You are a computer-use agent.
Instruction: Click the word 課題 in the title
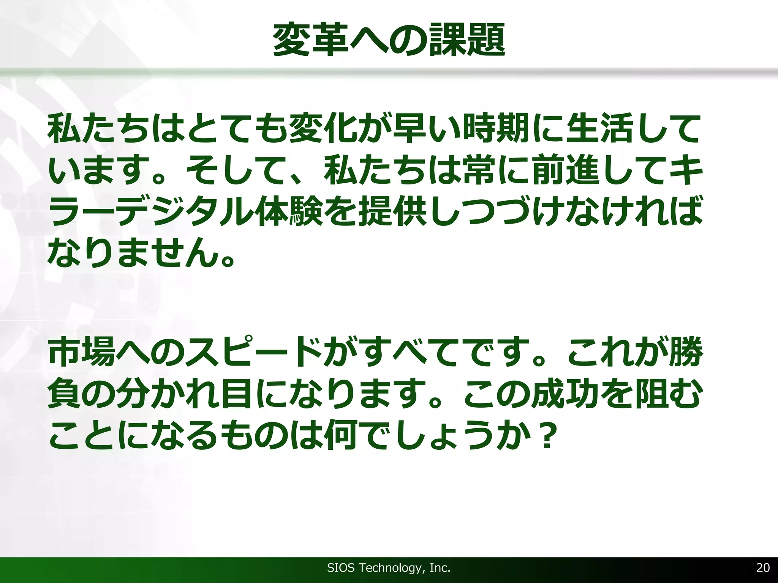[x=467, y=40]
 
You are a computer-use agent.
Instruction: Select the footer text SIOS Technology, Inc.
[x=389, y=568]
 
